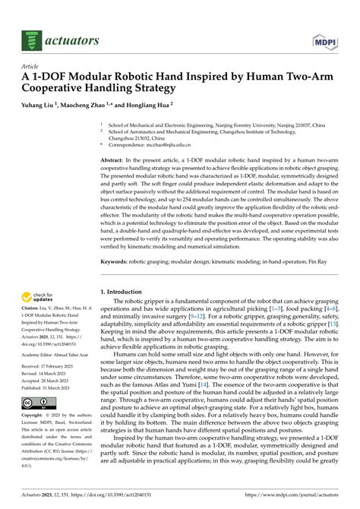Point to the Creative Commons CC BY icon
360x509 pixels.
(x=36, y=402)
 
